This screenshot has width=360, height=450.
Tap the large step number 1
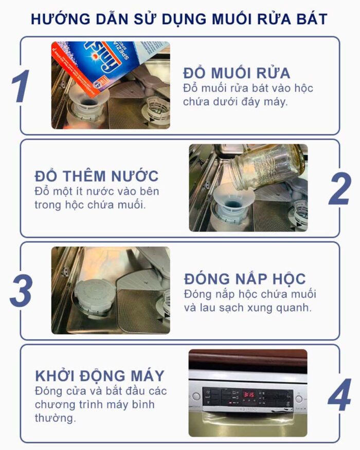(22, 85)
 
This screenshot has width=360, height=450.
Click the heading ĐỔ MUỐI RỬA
(237, 73)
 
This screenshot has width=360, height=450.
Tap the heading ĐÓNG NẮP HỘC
(245, 279)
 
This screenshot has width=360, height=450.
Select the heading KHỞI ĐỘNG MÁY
(99, 374)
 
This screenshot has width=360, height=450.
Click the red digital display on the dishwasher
(247, 394)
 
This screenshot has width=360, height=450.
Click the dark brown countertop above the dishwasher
(247, 358)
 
